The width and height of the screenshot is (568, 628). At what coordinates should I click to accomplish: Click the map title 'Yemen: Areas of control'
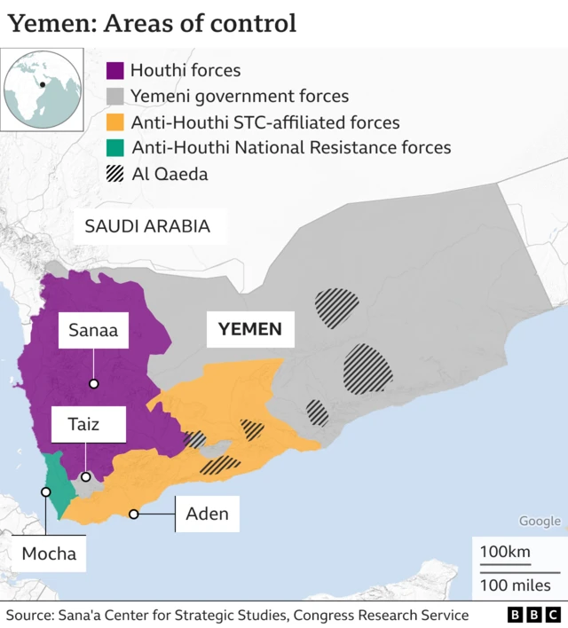point(152,23)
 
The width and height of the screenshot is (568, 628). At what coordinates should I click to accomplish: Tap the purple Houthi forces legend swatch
point(115,70)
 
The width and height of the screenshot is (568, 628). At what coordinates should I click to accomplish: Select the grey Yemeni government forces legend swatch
point(115,96)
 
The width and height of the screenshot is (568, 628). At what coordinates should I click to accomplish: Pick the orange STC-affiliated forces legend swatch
point(115,122)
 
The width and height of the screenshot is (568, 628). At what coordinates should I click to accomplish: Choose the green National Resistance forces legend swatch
point(115,148)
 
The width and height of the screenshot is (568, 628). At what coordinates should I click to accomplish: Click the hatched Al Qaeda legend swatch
point(115,174)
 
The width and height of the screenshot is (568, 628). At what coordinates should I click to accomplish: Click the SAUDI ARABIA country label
point(147,226)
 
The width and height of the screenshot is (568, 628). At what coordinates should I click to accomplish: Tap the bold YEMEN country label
point(249,330)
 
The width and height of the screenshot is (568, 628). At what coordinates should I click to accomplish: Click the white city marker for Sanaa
point(94,384)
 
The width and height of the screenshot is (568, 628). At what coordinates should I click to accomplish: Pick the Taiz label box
point(85,425)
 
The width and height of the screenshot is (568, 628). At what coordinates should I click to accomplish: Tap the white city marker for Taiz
point(86,477)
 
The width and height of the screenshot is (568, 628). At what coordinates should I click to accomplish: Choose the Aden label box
point(208,514)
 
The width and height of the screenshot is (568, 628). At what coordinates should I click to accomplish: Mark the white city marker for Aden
point(134,514)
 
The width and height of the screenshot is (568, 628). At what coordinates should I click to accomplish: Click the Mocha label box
point(49,555)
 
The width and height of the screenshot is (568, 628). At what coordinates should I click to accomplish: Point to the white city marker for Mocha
point(45,491)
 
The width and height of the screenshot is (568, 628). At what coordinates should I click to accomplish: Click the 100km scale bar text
point(505,552)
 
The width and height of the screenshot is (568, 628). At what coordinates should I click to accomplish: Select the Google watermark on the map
point(540,522)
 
